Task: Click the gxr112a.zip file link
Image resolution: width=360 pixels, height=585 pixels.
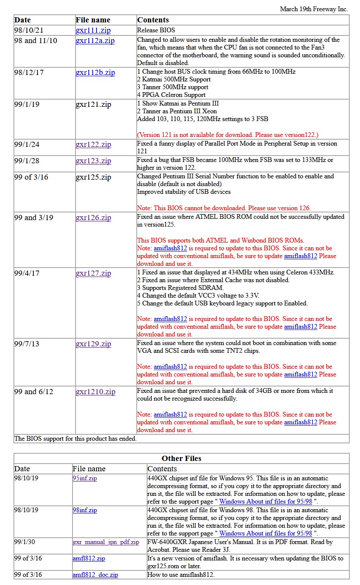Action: [95, 41]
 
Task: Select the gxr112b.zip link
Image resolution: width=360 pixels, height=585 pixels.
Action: [95, 73]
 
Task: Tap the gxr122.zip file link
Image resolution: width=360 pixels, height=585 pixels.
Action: [93, 145]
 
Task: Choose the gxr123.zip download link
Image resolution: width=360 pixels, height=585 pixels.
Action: [93, 161]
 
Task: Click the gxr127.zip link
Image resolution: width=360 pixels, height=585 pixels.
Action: [93, 274]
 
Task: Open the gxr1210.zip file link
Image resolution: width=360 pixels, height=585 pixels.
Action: [95, 392]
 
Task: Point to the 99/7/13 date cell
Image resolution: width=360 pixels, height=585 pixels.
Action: [27, 344]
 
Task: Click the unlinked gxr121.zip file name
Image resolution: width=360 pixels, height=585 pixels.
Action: [93, 105]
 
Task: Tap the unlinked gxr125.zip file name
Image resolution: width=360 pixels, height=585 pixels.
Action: [93, 177]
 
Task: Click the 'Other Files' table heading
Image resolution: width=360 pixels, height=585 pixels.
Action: [182, 458]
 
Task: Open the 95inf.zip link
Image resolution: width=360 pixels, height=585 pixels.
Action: [85, 478]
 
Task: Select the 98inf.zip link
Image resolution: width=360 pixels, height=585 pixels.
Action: [85, 510]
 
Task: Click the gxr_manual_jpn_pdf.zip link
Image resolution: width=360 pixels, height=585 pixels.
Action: [106, 542]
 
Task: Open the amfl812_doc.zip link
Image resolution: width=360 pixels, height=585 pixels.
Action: [95, 575]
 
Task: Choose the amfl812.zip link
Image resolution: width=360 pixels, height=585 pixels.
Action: [89, 558]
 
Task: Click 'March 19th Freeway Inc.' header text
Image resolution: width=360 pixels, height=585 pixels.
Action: [314, 9]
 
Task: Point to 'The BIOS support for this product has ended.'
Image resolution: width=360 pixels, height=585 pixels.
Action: [75, 439]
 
